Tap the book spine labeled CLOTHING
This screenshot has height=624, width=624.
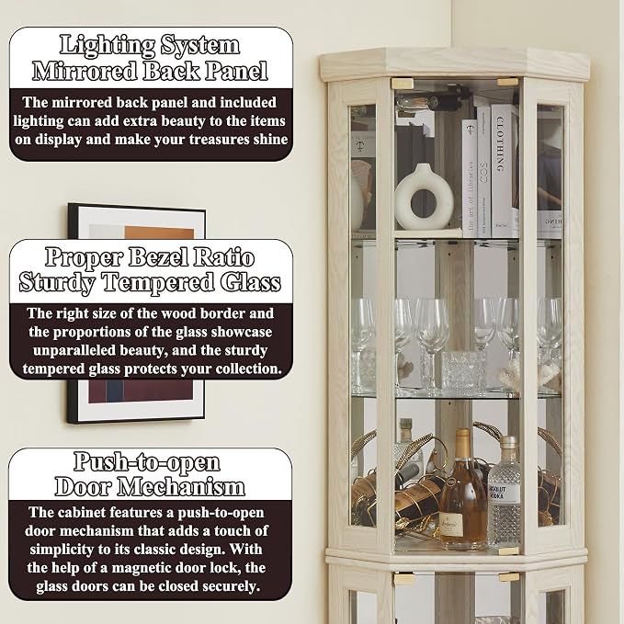coord(502,170)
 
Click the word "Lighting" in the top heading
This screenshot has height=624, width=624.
coord(108,45)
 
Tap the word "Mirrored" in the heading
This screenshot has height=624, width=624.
coord(85,72)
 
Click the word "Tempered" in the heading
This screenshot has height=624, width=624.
coord(158,283)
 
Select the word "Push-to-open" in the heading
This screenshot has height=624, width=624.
coord(147,462)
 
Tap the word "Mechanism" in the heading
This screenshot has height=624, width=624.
coord(181,487)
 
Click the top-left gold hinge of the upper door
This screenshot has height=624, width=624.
coord(403,84)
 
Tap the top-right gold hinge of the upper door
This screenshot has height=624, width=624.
coord(508,83)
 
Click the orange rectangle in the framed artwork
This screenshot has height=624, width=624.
coord(159,233)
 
